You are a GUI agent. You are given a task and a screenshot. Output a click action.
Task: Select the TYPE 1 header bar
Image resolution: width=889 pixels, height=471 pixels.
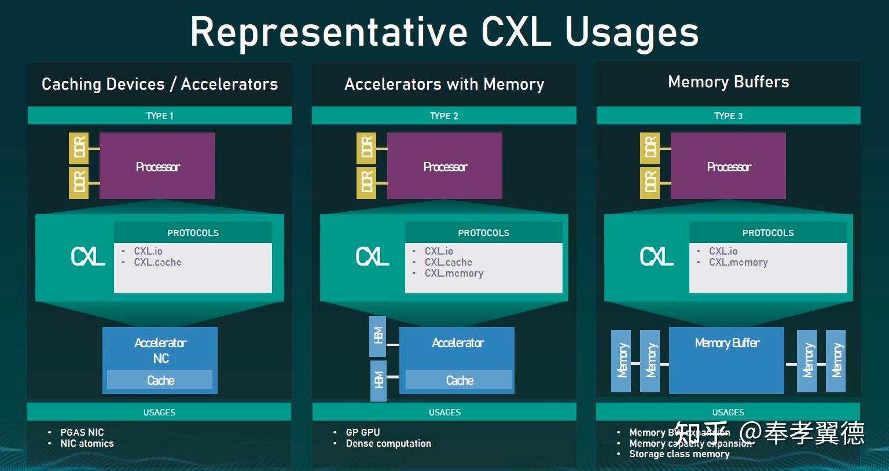[x=160, y=116]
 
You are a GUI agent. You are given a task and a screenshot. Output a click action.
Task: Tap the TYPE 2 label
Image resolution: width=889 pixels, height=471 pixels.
[x=444, y=116]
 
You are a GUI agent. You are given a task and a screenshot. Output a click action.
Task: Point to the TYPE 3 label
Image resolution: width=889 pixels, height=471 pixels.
[x=728, y=116]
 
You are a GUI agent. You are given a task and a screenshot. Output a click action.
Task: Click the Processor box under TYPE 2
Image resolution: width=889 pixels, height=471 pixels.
[x=444, y=167]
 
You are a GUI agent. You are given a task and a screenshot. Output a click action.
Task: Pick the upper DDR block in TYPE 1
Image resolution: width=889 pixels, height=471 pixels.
[x=79, y=148]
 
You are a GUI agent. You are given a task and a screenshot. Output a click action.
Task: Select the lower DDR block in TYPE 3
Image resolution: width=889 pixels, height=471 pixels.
[x=650, y=182]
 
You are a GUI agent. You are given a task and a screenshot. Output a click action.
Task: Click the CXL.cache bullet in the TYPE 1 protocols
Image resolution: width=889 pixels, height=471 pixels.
[x=157, y=262]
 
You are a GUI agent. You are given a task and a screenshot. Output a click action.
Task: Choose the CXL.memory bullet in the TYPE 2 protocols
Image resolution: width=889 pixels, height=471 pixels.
[x=454, y=273]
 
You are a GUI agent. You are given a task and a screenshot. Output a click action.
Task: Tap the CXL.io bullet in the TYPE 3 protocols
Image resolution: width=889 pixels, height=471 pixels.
[x=723, y=251]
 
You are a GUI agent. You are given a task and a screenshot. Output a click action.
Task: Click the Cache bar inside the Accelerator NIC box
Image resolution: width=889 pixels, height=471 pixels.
[x=160, y=380]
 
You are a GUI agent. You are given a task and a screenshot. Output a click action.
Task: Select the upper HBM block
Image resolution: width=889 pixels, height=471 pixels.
[x=378, y=336]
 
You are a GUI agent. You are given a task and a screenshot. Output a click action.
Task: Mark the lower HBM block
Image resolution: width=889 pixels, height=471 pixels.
[x=379, y=380]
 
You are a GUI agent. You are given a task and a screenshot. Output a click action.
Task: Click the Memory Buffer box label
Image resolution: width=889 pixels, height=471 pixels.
[x=726, y=343]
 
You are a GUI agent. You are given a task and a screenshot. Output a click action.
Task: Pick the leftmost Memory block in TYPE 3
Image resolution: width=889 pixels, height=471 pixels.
[x=621, y=361]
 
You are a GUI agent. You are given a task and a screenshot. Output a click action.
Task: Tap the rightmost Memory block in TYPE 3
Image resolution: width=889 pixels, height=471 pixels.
[x=836, y=361]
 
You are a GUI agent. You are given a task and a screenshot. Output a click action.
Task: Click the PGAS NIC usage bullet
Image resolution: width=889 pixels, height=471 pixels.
[x=82, y=432]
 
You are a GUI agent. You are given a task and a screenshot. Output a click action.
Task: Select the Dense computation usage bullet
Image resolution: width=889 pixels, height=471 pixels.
[x=388, y=443]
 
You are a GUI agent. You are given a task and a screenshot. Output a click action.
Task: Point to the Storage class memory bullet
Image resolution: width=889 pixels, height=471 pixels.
[x=679, y=454]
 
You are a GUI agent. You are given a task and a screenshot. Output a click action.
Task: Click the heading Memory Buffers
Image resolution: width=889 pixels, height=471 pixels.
[x=728, y=82]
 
